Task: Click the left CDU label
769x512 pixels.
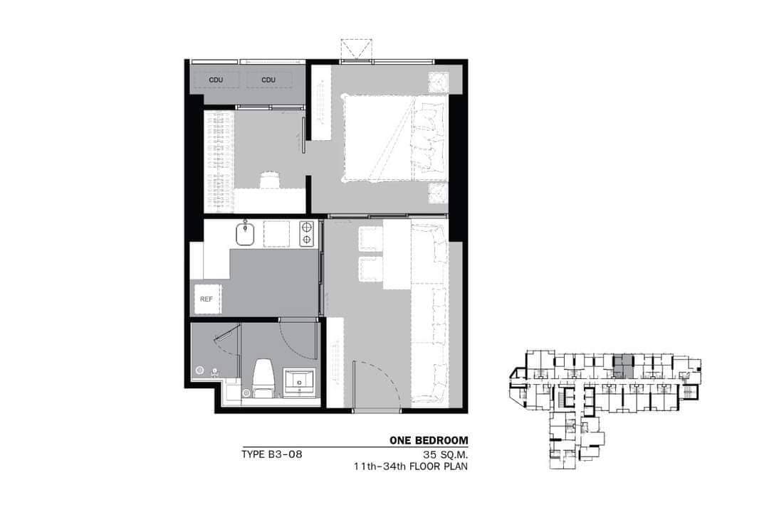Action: click(x=216, y=80)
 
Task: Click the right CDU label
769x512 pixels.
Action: click(x=268, y=80)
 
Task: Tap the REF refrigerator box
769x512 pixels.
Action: click(x=206, y=299)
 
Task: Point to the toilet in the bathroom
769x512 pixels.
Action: click(x=261, y=377)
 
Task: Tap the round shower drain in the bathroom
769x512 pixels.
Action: click(x=200, y=370)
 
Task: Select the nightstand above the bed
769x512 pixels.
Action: click(x=438, y=82)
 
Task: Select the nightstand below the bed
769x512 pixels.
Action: click(x=438, y=192)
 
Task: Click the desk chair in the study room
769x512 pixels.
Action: click(x=269, y=179)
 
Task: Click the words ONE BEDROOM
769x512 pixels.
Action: click(x=428, y=441)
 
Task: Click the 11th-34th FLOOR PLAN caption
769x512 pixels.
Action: click(x=411, y=467)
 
